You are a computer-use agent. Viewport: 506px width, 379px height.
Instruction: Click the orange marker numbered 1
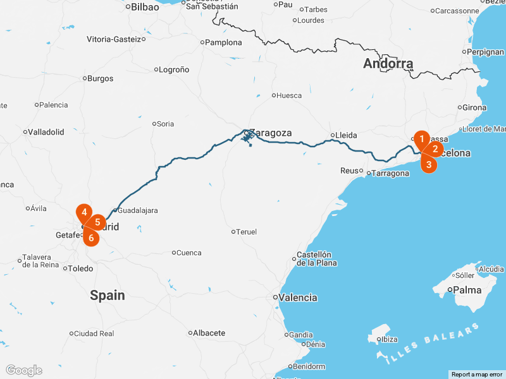tap(422, 138)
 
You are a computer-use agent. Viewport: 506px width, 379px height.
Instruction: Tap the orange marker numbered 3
tap(429, 165)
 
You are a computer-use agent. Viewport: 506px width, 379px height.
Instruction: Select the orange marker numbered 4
tap(84, 213)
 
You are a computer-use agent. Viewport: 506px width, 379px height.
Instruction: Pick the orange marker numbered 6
tap(91, 238)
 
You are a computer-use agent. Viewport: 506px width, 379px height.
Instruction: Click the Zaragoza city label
tap(270, 133)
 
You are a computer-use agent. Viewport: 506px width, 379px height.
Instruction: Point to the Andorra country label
tap(388, 63)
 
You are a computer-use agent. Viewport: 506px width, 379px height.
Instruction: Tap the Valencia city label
tap(299, 298)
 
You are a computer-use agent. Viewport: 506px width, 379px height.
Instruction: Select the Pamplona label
tap(224, 42)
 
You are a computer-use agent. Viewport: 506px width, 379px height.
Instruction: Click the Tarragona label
tap(390, 173)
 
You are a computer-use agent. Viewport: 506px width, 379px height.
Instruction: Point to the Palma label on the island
tap(467, 291)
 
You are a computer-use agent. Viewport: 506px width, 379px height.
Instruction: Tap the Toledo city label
tap(80, 268)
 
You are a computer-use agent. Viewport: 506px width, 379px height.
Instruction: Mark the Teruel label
tap(247, 232)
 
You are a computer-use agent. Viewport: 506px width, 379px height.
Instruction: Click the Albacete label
tap(209, 333)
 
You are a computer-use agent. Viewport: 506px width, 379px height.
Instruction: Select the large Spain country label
tap(107, 295)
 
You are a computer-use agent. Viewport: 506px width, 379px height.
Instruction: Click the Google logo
tap(23, 370)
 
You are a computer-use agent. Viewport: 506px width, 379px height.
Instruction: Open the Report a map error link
tap(477, 375)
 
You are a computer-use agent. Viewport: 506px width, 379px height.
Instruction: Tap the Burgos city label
tap(101, 79)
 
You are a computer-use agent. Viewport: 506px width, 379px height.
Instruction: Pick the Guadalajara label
tap(138, 210)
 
